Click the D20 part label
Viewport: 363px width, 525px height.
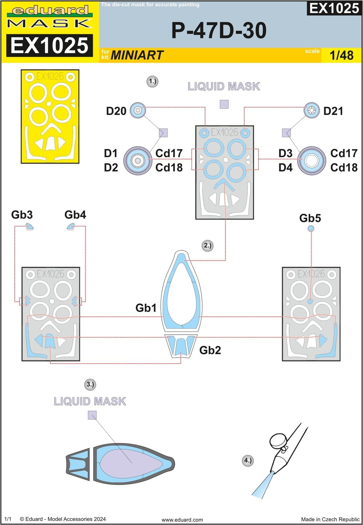point(116,111)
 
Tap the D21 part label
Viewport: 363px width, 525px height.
point(333,111)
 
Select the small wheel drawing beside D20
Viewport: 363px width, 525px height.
point(138,111)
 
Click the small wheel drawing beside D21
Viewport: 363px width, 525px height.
point(311,111)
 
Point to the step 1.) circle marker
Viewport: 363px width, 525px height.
point(152,82)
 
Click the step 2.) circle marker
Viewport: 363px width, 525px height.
point(208,245)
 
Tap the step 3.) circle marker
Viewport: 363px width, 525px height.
point(90,384)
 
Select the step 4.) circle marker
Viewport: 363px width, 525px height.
point(248,460)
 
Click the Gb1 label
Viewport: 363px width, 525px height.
point(146,308)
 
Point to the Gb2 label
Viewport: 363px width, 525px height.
point(210,350)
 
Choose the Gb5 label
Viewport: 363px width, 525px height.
point(310,218)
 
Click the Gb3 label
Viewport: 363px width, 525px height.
point(22,215)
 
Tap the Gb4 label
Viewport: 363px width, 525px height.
point(75,215)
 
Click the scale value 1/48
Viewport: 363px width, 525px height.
point(341,55)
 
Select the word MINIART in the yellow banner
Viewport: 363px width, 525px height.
point(137,55)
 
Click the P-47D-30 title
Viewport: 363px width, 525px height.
point(219,30)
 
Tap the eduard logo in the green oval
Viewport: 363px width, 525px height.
point(50,10)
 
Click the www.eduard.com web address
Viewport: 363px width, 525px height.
point(182,520)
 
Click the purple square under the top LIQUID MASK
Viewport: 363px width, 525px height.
point(224,104)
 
